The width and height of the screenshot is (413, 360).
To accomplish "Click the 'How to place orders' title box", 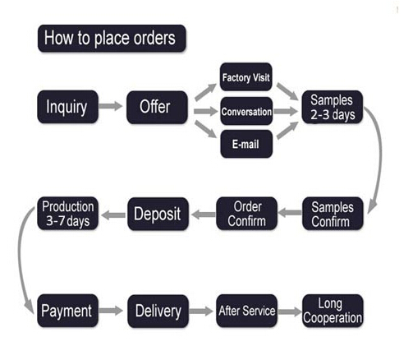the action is click(112, 39).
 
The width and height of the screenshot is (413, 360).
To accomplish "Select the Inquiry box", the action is click(67, 107).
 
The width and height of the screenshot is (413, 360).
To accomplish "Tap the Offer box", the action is click(157, 108).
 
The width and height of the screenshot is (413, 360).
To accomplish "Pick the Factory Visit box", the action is click(246, 77).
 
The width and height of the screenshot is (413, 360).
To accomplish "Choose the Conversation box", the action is click(246, 111).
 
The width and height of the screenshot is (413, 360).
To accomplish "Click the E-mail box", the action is click(246, 144).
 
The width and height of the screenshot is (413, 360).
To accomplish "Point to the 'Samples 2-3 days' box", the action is click(333, 107).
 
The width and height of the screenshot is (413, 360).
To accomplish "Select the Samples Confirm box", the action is click(333, 214).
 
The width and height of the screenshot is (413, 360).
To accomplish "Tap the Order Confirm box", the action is click(246, 214).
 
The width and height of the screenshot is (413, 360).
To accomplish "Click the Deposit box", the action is click(158, 214).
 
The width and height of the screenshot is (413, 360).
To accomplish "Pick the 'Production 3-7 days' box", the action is click(67, 214).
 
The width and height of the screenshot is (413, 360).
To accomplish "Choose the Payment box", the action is click(67, 311).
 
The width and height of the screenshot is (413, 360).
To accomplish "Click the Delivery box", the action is click(158, 312).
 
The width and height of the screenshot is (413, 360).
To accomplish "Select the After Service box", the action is click(246, 311).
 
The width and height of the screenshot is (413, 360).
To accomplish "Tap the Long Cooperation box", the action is click(333, 311).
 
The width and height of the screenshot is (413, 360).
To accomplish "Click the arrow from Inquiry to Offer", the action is click(111, 106).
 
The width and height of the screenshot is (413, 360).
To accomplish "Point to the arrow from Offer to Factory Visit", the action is click(205, 92).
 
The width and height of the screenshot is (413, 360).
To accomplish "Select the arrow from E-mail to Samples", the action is click(287, 131).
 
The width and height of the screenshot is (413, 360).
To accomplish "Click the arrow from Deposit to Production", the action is click(113, 215).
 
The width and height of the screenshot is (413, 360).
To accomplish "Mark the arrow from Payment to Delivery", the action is click(111, 311).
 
